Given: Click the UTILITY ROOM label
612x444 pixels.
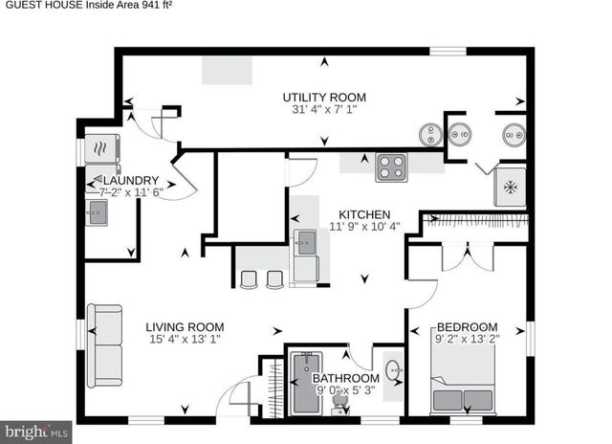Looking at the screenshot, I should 323,97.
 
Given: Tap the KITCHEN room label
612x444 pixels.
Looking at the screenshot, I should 364,213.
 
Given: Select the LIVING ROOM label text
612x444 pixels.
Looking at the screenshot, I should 185,326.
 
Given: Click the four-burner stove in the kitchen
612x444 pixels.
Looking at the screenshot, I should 391,168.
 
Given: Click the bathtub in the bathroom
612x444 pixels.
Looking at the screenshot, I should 307,383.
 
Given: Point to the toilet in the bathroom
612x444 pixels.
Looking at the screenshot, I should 338,410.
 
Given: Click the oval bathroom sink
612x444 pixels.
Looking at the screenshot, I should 393,369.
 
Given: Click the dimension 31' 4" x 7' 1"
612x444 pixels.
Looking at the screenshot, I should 323,110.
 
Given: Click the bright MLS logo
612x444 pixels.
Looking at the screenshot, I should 35,432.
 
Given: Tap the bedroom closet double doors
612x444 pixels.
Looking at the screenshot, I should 467,256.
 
